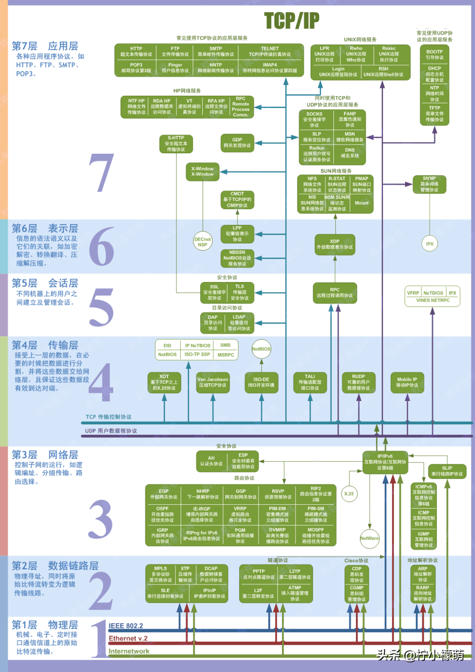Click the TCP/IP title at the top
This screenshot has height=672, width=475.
(292, 21)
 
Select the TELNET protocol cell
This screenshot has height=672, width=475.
(270, 51)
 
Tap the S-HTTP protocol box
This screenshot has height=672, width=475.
(176, 144)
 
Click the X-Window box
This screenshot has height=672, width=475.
(202, 172)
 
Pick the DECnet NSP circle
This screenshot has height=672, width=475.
(202, 242)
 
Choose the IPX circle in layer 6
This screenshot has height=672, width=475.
(430, 244)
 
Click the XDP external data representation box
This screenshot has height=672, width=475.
(335, 244)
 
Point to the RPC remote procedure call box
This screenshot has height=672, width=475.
(335, 293)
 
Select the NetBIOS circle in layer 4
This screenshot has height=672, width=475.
(261, 349)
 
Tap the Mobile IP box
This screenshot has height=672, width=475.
(407, 382)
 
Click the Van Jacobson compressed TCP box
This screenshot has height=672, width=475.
(213, 382)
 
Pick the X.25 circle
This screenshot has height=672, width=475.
(349, 494)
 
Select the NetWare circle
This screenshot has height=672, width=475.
(369, 538)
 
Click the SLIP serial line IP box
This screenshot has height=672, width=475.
(447, 471)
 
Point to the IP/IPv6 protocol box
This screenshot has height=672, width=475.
(385, 462)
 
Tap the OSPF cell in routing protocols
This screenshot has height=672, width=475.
(163, 514)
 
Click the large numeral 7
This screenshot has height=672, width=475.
(102, 173)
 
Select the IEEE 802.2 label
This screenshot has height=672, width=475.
(126, 626)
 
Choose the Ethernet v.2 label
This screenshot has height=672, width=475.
(128, 639)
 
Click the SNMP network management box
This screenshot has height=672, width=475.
(429, 184)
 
